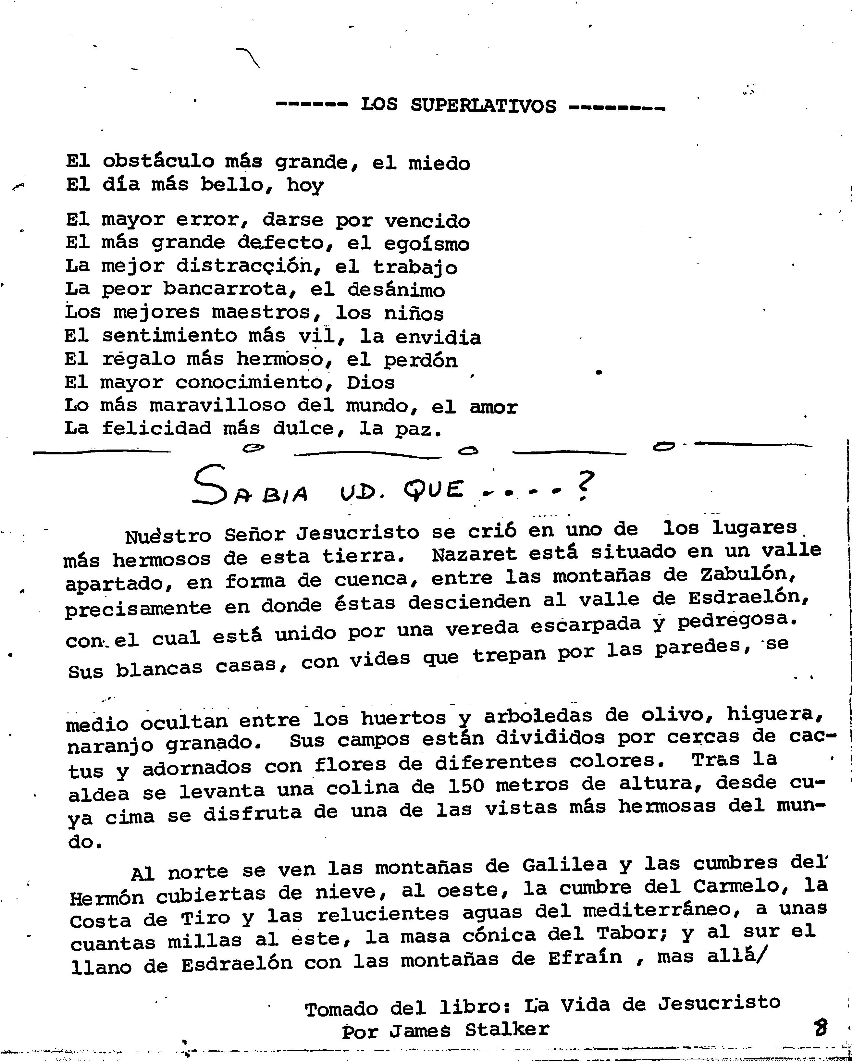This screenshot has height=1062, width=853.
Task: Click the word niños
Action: [x=414, y=313]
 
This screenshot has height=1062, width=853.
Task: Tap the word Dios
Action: [x=370, y=383]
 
